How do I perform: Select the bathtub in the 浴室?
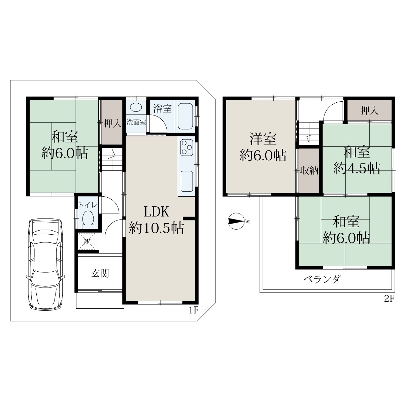point(185,116)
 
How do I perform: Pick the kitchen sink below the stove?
point(187,181)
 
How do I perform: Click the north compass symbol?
point(236,221)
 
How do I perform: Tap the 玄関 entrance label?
point(100,273)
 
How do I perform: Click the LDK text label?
point(157,212)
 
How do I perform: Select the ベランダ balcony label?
point(322,279)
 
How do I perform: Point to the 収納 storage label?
point(309,170)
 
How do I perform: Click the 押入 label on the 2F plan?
point(369,110)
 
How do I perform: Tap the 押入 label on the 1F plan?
point(113,123)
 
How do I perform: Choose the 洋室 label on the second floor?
point(263,139)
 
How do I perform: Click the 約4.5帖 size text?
point(357,168)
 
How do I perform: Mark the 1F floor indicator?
point(194,310)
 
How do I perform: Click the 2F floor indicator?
point(389,299)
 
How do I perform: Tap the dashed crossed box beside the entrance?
point(87,241)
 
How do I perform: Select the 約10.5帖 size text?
point(157,228)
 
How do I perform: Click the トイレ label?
point(88,205)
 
